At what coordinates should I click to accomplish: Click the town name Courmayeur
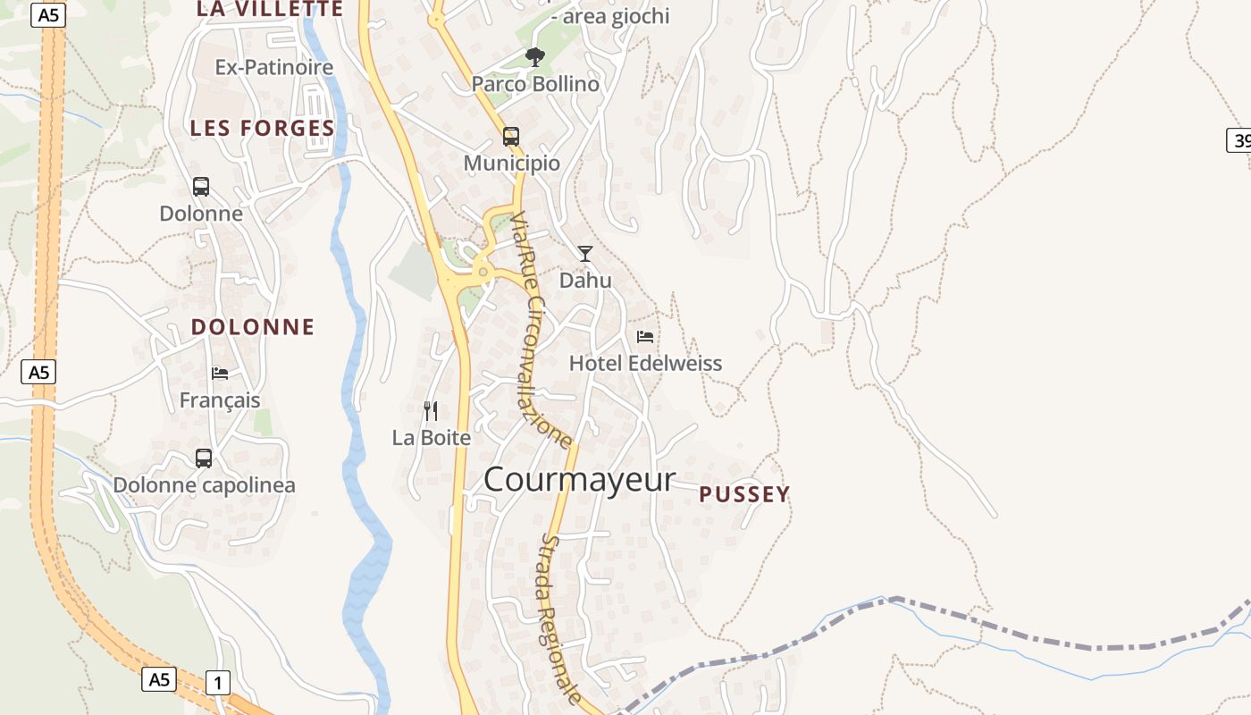[x=579, y=480]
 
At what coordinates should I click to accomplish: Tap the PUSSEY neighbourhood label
[x=744, y=494]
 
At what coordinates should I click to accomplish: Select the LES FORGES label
[x=262, y=129]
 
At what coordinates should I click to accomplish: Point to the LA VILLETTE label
[x=270, y=9]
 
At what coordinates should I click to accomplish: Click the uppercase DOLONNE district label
[x=253, y=327]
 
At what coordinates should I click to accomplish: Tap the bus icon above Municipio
[x=511, y=137]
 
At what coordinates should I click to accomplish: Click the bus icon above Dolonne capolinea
[x=204, y=458]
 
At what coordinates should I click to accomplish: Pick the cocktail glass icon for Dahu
[x=585, y=254]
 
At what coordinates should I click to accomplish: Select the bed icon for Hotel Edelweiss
[x=645, y=337]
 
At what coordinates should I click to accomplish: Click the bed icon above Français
[x=220, y=374]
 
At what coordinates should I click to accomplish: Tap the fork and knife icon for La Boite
[x=431, y=411]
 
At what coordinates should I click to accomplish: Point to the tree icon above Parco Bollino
[x=535, y=58]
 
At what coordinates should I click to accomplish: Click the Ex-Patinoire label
[x=274, y=67]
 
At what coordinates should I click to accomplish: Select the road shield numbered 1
[x=218, y=684]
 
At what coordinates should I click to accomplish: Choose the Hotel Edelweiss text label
[x=645, y=364]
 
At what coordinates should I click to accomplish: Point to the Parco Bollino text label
[x=535, y=84]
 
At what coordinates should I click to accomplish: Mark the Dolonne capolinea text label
[x=204, y=485]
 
